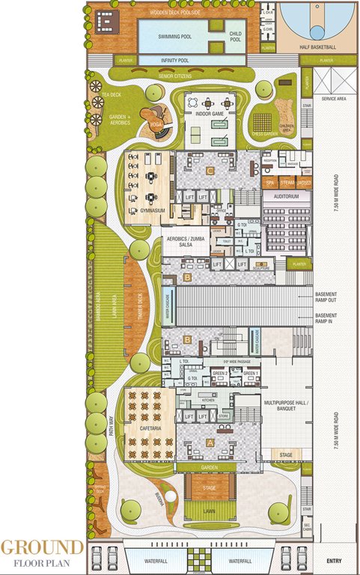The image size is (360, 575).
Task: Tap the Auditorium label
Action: tap(287, 197)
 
